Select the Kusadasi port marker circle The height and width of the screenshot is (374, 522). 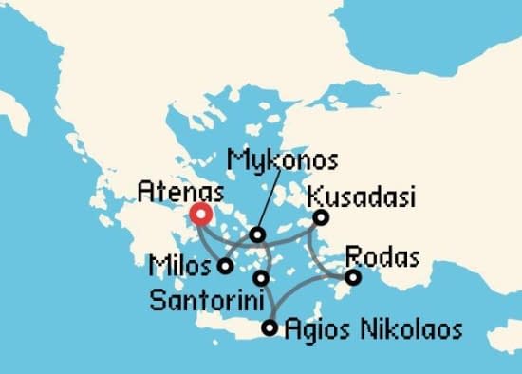point(322,217)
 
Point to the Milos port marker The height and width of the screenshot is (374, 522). point(225,267)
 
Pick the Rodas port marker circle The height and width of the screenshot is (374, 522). point(353,278)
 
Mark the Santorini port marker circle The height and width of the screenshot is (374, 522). point(262,278)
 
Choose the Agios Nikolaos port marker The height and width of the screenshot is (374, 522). point(270,329)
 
